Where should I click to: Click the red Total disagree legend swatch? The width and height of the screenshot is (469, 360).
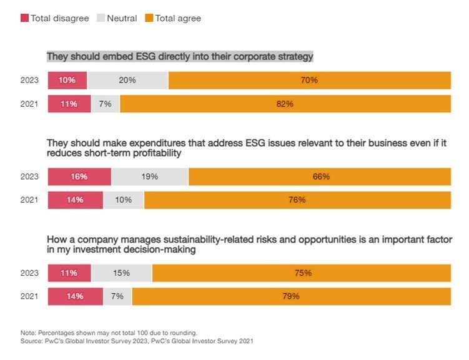pos(26,19)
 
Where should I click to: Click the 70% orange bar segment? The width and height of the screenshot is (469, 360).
pos(309,80)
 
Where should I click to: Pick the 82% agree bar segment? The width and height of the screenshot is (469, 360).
pos(285,104)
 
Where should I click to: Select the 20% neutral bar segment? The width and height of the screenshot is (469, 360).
pos(127,80)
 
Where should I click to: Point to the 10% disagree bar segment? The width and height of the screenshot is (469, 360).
pos(67,80)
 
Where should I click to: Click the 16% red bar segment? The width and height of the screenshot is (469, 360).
pos(79,177)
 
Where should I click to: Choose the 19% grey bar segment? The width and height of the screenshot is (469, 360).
pos(149,177)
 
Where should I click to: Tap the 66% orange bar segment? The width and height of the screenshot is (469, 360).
pos(319,177)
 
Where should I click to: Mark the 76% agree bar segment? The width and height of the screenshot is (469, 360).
pos(297,200)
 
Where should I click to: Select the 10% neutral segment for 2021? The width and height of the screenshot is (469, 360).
pos(123,200)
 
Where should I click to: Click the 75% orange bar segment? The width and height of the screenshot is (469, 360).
pos(301,273)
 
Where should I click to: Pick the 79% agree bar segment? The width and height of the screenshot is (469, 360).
pos(291,296)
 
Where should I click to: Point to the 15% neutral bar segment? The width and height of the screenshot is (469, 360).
pos(121,273)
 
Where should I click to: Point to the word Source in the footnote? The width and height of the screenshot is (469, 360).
pos(31,341)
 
